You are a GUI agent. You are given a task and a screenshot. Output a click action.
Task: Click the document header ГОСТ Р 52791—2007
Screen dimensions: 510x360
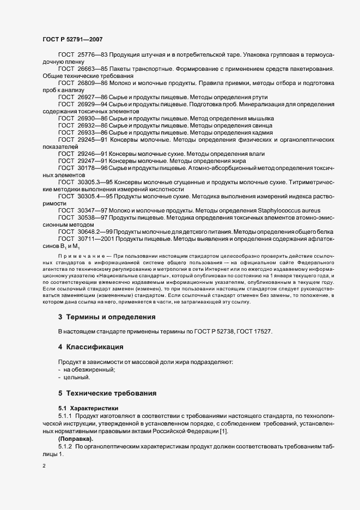(x=72, y=39)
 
